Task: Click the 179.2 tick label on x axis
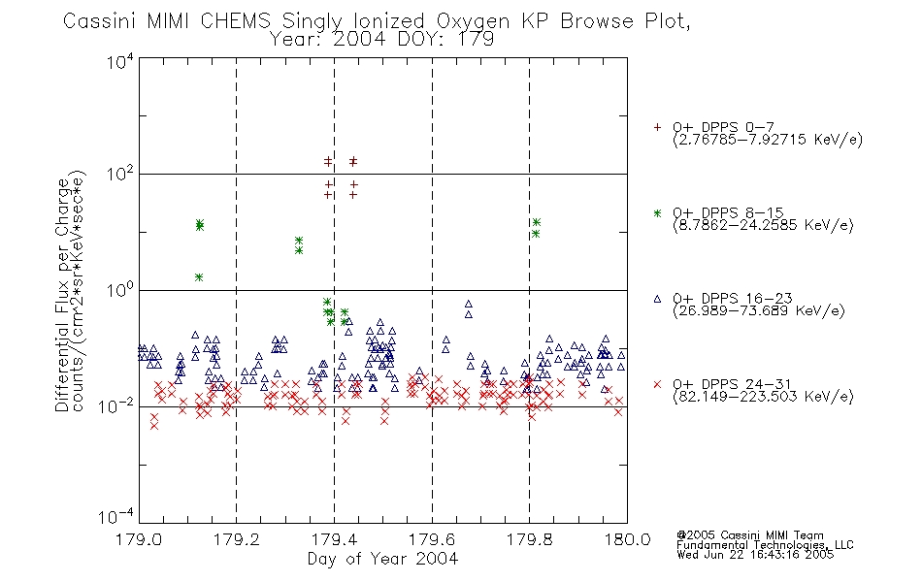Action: click(237, 539)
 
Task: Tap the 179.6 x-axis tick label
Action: click(432, 539)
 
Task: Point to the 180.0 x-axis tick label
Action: click(627, 539)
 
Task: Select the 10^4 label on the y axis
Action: click(120, 61)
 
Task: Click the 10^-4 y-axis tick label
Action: click(116, 516)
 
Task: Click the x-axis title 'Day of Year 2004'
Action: click(382, 559)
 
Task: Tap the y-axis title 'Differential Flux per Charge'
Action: click(62, 295)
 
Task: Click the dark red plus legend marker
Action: click(657, 127)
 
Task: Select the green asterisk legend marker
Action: click(657, 212)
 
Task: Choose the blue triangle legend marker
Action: click(657, 299)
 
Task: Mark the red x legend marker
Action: click(657, 384)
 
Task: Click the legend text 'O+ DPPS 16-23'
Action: click(733, 298)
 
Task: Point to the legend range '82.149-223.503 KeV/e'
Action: click(763, 396)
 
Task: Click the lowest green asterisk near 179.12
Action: click(199, 276)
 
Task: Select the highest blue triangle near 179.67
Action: click(469, 304)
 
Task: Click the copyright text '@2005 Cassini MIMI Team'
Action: click(749, 535)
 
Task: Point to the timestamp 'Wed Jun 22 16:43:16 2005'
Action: click(755, 554)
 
